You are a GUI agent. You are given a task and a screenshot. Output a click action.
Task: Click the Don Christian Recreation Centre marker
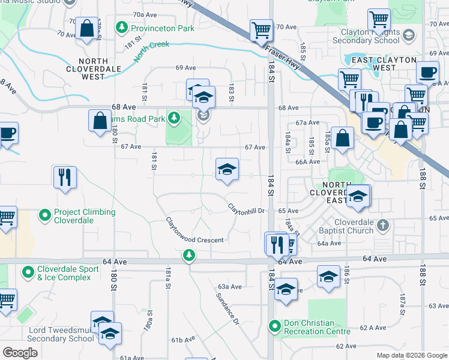(x=275, y=326)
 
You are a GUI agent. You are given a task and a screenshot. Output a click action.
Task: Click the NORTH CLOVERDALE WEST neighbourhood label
(x=92, y=69)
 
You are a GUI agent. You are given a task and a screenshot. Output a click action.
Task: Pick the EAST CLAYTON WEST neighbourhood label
(x=385, y=64)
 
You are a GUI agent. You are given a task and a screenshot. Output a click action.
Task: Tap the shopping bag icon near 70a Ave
(x=86, y=28)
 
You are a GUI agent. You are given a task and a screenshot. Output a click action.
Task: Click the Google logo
(x=20, y=353)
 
